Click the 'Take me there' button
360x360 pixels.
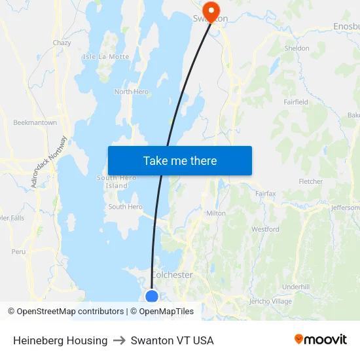(x=179, y=160)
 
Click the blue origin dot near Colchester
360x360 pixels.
(x=152, y=297)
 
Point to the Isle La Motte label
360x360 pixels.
(x=106, y=57)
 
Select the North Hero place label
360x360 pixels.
(x=132, y=92)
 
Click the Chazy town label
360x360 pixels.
(x=62, y=43)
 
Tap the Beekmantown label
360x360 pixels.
(x=35, y=122)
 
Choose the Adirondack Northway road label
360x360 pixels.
(x=49, y=162)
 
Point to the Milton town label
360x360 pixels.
(x=215, y=213)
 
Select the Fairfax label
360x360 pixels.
(x=266, y=194)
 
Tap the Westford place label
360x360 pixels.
(x=265, y=229)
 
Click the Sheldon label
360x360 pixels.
(x=297, y=48)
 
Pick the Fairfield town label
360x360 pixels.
(x=296, y=102)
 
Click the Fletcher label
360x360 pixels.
(x=310, y=181)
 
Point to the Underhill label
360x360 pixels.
(x=295, y=287)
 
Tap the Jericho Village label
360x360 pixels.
(x=270, y=302)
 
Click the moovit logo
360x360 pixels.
(x=320, y=340)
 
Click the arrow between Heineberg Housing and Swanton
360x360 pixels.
(x=119, y=340)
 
